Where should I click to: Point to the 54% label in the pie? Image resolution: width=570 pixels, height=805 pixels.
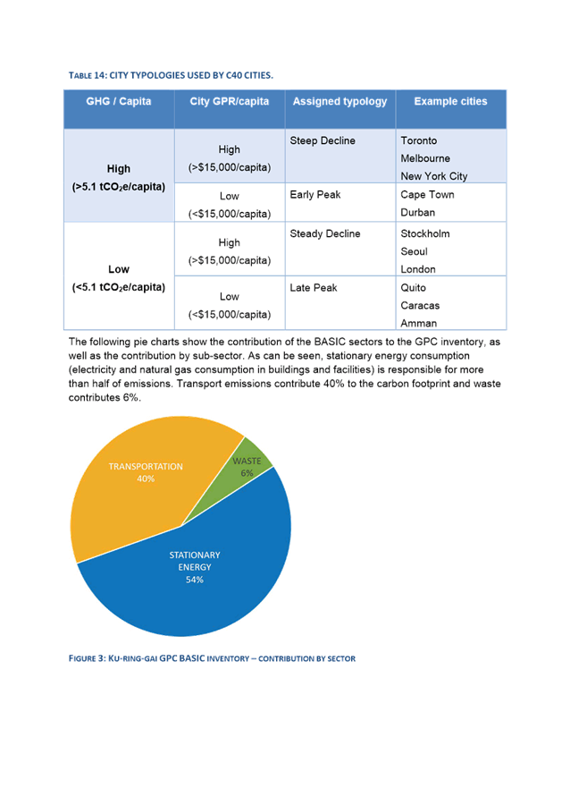(x=194, y=580)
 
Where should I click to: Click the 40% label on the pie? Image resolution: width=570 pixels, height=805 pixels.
(x=146, y=479)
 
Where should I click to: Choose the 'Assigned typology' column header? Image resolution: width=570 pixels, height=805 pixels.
(x=339, y=102)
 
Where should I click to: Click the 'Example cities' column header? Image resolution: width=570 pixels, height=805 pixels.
(x=450, y=102)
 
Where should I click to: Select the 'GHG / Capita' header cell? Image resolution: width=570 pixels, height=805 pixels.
(x=118, y=102)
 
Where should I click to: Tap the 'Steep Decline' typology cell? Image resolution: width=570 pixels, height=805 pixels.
(x=323, y=141)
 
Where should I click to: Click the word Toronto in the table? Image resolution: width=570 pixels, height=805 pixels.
(x=419, y=141)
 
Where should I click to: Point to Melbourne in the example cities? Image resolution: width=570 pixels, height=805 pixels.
(x=425, y=158)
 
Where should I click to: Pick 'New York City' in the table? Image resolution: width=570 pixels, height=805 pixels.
(x=434, y=176)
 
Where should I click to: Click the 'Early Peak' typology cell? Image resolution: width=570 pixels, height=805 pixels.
(x=315, y=195)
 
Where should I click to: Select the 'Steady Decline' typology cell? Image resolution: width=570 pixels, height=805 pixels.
(x=325, y=234)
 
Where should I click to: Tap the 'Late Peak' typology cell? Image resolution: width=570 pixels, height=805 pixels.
(x=314, y=288)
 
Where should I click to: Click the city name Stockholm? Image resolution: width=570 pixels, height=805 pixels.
(x=425, y=234)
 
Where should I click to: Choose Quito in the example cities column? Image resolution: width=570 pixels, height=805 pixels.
(x=414, y=288)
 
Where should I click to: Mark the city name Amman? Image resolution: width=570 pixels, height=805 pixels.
(x=418, y=323)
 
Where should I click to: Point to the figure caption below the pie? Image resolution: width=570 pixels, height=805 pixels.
(x=213, y=658)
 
